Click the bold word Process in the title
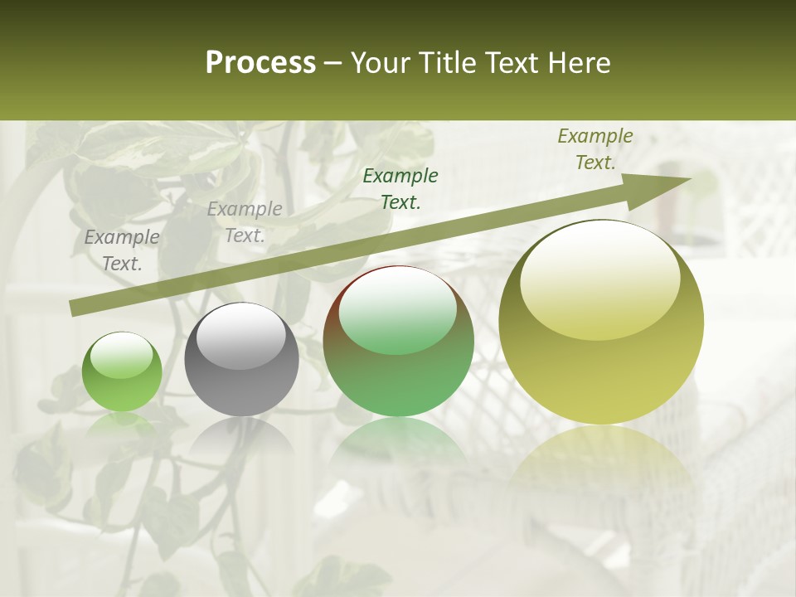tap(260, 63)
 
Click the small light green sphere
tap(122, 371)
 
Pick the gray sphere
tap(241, 360)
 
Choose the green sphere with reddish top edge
tap(398, 342)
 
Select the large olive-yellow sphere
tap(601, 322)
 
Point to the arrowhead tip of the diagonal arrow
tap(690, 179)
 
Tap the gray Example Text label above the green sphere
tap(122, 250)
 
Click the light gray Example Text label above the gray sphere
tap(245, 222)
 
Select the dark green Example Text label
tap(400, 189)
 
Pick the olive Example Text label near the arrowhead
tap(595, 149)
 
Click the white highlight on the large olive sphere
tap(600, 278)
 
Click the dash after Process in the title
tap(333, 63)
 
